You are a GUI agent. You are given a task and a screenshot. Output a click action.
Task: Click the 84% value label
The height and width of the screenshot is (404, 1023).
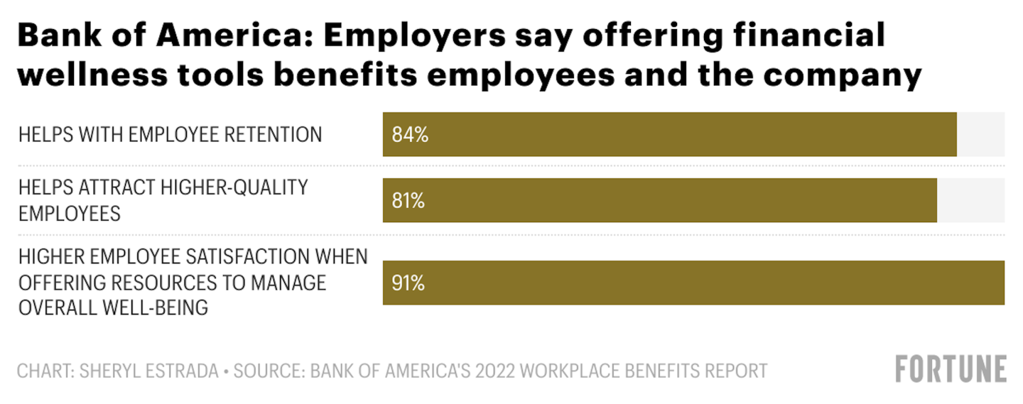(x=410, y=134)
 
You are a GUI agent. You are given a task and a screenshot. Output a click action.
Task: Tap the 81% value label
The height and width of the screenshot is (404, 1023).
(x=408, y=201)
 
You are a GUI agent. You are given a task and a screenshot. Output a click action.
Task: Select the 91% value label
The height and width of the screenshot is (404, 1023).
(x=408, y=283)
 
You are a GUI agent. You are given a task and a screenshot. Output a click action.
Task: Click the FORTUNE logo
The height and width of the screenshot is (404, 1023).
(x=951, y=369)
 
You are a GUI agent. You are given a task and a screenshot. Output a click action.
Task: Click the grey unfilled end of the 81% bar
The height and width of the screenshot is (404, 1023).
(x=970, y=201)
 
